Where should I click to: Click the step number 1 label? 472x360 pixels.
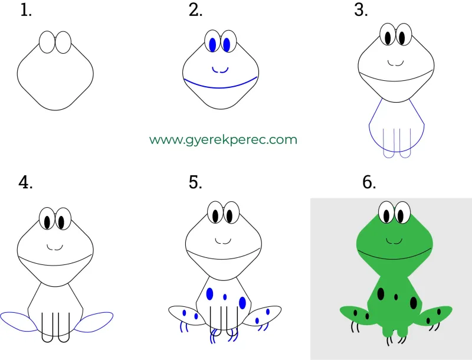click(x=26, y=10)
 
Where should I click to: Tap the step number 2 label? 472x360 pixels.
click(x=196, y=10)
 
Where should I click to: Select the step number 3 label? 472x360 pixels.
click(x=360, y=10)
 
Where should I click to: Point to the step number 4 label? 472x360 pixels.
click(x=25, y=182)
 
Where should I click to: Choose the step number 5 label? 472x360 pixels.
click(x=195, y=182)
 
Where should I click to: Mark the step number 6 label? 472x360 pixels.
click(x=369, y=182)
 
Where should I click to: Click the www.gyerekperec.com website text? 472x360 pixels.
click(x=223, y=140)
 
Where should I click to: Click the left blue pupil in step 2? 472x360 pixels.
click(x=212, y=44)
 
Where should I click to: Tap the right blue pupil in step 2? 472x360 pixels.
click(x=227, y=44)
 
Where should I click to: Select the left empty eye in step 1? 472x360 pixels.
click(x=47, y=42)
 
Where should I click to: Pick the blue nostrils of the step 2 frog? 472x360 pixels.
click(x=220, y=70)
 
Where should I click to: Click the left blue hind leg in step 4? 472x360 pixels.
click(x=19, y=322)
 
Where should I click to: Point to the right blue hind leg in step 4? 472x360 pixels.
click(x=94, y=322)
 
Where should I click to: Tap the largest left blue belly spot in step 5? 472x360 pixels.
click(x=210, y=294)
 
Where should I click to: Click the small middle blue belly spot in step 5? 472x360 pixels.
click(x=225, y=297)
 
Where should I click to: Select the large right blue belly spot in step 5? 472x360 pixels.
click(x=242, y=303)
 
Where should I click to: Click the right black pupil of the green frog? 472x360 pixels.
click(x=401, y=216)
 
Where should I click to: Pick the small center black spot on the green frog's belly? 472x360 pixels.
click(x=396, y=297)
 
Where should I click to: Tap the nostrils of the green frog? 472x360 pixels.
click(x=394, y=241)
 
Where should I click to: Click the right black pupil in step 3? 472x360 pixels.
click(x=402, y=38)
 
